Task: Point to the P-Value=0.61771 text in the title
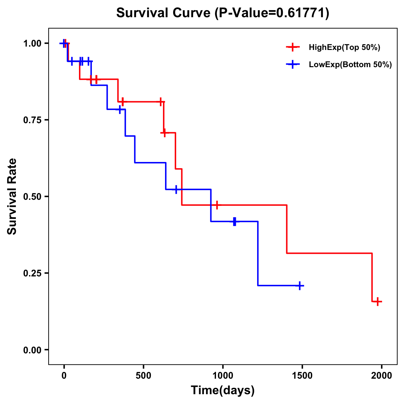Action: (272, 13)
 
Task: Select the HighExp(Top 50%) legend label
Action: (344, 48)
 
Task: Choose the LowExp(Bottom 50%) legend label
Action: (350, 65)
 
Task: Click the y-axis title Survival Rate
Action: (12, 196)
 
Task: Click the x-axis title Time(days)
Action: (223, 390)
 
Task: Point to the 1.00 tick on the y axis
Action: (32, 43)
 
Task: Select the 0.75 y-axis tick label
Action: (32, 120)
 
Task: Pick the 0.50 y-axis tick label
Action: (32, 196)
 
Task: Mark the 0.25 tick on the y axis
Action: (32, 273)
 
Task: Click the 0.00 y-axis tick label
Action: (32, 350)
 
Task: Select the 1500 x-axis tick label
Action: (302, 376)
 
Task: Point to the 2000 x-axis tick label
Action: (382, 376)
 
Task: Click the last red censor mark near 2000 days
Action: (378, 301)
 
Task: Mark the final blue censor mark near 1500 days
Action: (299, 286)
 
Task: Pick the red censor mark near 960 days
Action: (217, 205)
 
